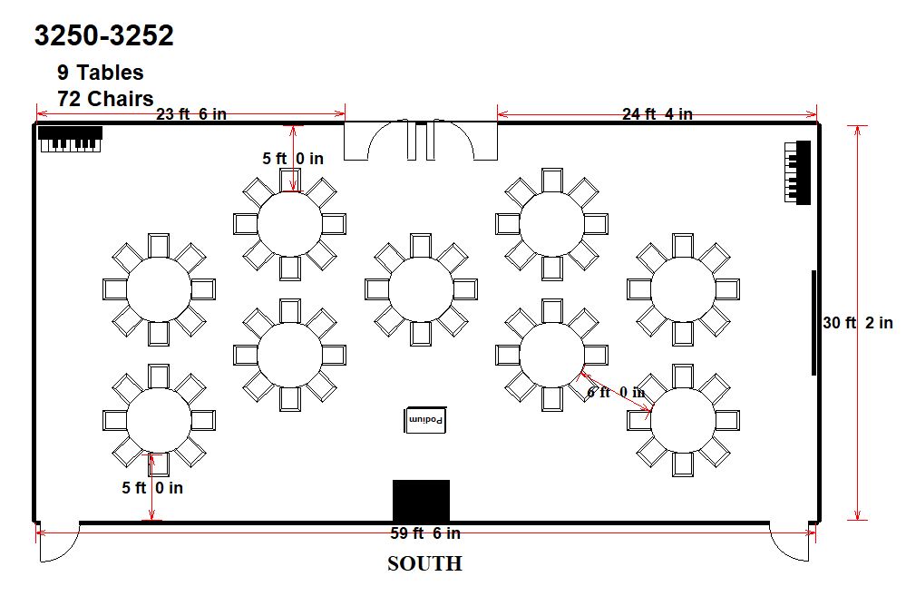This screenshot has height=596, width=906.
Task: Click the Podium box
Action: tap(424, 420)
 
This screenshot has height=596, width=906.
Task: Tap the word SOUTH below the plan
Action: tap(424, 563)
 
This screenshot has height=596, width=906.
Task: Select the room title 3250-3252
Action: tap(104, 35)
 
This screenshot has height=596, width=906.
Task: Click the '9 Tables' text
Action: tap(100, 73)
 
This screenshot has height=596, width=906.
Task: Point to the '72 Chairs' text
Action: tap(105, 98)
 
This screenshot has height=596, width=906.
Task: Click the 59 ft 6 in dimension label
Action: tap(425, 533)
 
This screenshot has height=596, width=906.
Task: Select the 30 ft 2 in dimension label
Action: tap(858, 323)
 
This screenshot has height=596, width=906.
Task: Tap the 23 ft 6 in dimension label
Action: tap(191, 114)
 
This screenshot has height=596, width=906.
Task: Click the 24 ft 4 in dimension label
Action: tap(657, 114)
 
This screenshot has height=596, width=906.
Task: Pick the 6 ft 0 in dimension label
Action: tap(616, 392)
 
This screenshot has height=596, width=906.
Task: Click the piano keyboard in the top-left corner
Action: tap(70, 140)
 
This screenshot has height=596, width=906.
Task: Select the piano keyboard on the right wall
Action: tap(797, 172)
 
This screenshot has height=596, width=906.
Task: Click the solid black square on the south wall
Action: tap(421, 501)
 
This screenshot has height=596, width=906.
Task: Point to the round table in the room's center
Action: tap(421, 289)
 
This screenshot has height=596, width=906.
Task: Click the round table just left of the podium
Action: tap(289, 355)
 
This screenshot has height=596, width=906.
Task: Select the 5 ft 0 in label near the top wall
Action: tap(293, 158)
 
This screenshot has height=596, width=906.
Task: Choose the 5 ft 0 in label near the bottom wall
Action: tap(152, 488)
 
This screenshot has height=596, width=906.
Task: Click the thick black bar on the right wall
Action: tap(814, 323)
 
